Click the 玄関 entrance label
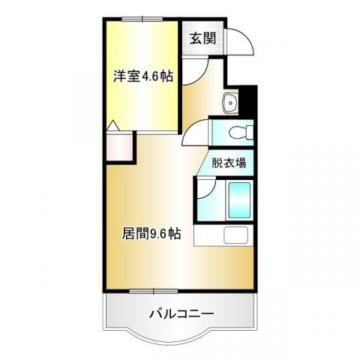(202, 38)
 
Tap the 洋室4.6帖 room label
(143, 76)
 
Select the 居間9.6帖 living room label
(151, 233)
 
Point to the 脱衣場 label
(229, 163)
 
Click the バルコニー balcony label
(181, 313)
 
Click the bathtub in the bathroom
(239, 200)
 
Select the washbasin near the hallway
(230, 103)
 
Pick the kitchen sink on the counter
(235, 235)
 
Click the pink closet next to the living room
(119, 148)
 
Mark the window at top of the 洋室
(142, 19)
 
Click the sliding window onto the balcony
(154, 291)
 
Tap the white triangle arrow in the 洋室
(113, 126)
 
